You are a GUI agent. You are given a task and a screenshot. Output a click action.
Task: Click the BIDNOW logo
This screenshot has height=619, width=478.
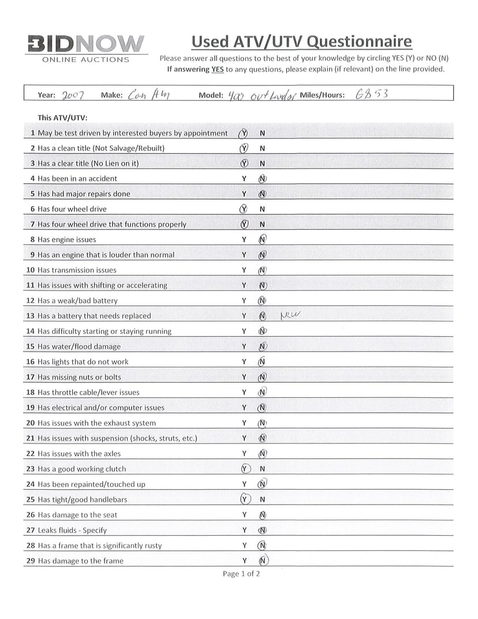coord(85,44)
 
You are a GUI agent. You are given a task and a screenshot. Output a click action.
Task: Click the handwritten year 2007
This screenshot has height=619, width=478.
coord(73,95)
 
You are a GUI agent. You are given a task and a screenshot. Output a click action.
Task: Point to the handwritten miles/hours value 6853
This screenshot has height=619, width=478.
coord(372,95)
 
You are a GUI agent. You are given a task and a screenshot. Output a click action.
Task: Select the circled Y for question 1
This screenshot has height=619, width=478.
coord(243,133)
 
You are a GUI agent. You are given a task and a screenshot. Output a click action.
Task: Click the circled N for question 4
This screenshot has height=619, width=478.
coord(262,178)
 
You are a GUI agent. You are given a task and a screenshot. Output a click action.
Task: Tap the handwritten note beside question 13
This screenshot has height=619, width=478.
coord(291,315)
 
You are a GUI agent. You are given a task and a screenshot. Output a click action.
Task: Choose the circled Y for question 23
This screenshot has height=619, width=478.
coord(244,469)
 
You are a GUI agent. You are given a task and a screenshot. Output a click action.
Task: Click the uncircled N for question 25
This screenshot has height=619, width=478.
coord(262,499)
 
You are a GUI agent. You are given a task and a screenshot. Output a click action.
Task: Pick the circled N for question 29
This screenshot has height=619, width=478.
coord(263,560)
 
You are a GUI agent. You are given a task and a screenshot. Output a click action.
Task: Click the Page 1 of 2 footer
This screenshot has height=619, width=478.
coord(241,573)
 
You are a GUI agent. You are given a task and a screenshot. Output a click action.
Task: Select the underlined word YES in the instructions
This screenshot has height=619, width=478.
coord(215,69)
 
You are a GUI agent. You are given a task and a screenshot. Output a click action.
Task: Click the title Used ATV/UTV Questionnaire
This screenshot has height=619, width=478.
coord(301,42)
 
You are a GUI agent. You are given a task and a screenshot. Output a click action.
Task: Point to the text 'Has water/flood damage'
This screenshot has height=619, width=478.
coord(79,346)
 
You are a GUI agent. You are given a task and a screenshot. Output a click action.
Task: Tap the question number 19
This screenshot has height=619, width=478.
coord(31,408)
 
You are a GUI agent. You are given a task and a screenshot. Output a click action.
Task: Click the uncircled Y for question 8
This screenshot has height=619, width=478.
coord(244,240)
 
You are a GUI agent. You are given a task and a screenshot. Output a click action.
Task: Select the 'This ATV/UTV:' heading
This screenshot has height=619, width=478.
coord(62,118)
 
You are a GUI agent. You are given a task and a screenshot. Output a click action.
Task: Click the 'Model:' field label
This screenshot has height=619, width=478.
coord(210,96)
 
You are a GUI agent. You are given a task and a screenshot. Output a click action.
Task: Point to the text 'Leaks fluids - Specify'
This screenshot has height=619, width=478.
coord(72,530)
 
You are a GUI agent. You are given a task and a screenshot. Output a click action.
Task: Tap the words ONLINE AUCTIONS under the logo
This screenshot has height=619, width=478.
coord(86,59)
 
